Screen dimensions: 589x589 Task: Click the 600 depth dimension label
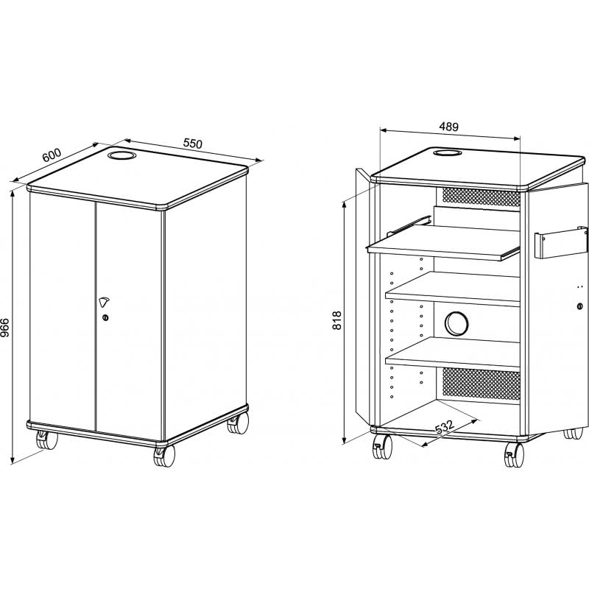pos(52,155)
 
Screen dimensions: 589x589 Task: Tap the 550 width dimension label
pos(193,143)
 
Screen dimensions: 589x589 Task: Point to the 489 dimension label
pos(449,127)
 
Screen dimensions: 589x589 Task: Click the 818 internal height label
pos(337,320)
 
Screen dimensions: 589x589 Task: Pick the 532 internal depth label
pos(445,427)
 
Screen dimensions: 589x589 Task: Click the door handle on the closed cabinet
pos(104,302)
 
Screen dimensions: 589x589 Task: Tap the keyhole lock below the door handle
pos(105,318)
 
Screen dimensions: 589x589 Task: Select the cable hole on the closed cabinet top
pos(121,155)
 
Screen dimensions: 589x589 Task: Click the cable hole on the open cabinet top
pos(448,152)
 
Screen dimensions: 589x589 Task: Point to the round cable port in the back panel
pos(456,323)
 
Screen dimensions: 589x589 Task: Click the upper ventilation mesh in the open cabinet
pos(482,197)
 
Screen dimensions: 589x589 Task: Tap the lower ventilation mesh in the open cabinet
pos(482,384)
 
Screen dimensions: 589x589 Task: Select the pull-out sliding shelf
pos(444,242)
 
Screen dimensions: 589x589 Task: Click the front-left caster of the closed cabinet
pos(46,440)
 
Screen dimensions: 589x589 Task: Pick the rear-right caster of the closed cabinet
pos(238,423)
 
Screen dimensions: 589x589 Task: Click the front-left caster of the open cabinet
pos(381,446)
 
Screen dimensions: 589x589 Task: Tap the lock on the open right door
pos(579,306)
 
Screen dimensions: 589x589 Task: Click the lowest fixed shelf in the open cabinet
pos(453,354)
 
